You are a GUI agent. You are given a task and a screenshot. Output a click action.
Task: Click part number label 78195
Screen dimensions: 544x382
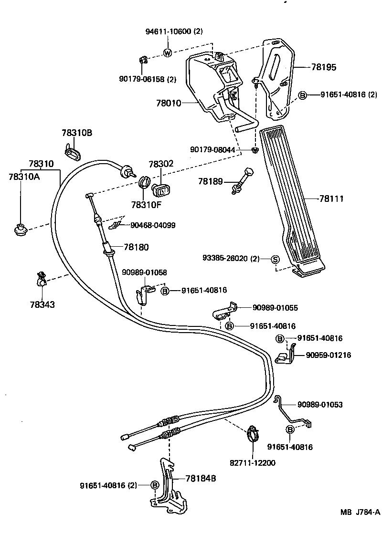(324, 68)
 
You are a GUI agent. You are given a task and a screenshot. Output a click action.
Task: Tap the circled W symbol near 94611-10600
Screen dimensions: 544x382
(167, 53)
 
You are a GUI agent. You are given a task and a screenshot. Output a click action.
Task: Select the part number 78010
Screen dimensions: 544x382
(169, 103)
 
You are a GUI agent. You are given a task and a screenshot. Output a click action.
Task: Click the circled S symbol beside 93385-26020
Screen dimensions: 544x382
(275, 259)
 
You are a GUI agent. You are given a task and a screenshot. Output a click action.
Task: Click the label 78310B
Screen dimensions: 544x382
(76, 133)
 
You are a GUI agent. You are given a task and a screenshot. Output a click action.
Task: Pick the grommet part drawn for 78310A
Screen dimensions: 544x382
(21, 230)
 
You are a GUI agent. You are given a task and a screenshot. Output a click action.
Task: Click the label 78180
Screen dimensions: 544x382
(136, 247)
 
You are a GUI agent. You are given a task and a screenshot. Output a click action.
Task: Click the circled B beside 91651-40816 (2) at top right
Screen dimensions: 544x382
(302, 95)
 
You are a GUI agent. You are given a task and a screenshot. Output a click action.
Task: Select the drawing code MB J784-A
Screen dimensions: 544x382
(360, 513)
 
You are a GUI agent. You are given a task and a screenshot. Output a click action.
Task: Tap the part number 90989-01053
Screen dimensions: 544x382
(319, 405)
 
